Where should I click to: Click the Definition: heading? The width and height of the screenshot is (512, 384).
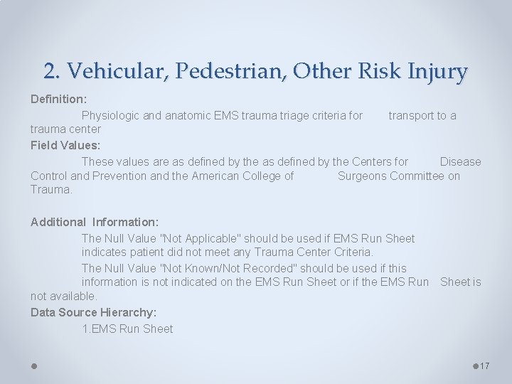pyautogui.click(x=58, y=98)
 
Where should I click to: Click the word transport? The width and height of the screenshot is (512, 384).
pyautogui.click(x=411, y=115)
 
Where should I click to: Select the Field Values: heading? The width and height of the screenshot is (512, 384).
pyautogui.click(x=65, y=145)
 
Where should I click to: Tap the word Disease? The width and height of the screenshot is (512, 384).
pyautogui.click(x=460, y=161)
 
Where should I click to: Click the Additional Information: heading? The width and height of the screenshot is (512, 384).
pyautogui.click(x=95, y=222)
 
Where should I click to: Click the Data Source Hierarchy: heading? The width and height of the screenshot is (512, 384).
pyautogui.click(x=94, y=312)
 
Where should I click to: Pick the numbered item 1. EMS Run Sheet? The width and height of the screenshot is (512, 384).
pyautogui.click(x=127, y=329)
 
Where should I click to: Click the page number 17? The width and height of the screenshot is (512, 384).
pyautogui.click(x=485, y=366)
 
